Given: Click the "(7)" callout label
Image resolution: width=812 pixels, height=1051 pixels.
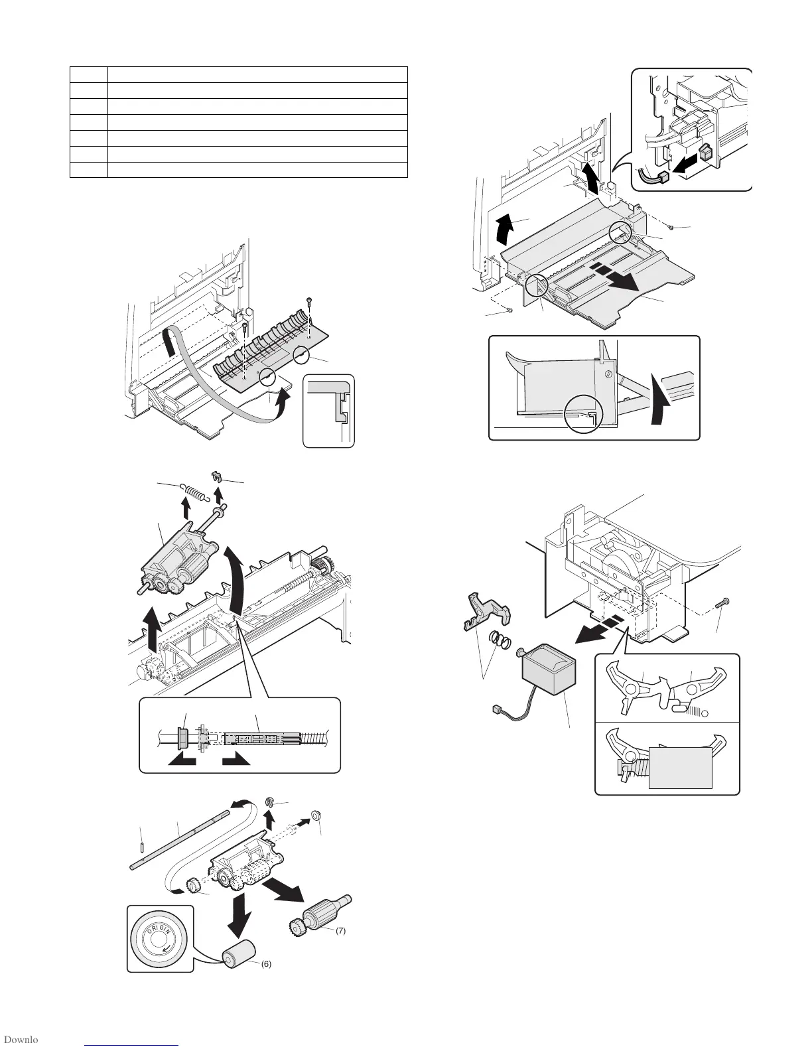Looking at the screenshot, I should pyautogui.click(x=338, y=931).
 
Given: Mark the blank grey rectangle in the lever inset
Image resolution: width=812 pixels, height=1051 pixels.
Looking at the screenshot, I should pyautogui.click(x=680, y=768).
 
